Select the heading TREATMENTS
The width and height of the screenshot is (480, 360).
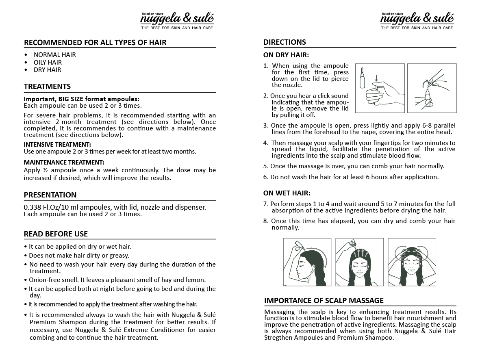(x=47, y=87)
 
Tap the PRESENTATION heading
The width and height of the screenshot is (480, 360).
(x=50, y=195)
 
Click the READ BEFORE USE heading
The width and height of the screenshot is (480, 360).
(x=56, y=234)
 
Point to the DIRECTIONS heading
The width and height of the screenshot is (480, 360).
(x=285, y=42)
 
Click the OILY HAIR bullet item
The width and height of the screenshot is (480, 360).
(x=48, y=62)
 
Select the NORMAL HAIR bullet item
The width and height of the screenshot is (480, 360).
(x=54, y=55)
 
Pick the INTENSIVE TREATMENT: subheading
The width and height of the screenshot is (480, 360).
(x=57, y=145)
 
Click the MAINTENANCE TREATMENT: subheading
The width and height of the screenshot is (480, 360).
(x=64, y=163)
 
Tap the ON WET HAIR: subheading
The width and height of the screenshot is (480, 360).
(x=287, y=193)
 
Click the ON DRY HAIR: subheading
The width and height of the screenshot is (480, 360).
(x=286, y=55)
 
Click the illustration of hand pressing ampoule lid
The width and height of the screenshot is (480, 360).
(x=380, y=88)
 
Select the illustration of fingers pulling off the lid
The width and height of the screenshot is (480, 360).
(x=432, y=88)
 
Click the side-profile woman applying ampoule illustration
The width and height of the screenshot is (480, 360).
(x=307, y=262)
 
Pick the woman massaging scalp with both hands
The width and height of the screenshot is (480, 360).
(x=412, y=262)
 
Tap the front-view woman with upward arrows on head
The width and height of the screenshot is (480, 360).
(x=359, y=262)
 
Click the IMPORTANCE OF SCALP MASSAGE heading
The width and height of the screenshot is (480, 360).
(x=324, y=301)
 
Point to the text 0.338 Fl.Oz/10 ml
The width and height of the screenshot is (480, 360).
(x=53, y=207)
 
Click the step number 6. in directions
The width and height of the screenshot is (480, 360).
(x=266, y=177)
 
